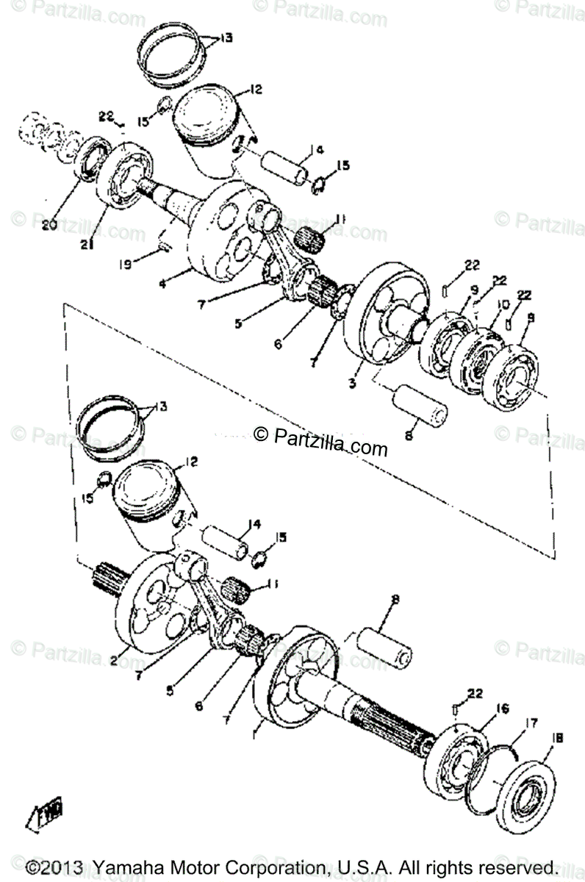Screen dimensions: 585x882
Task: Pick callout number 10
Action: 503,305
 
